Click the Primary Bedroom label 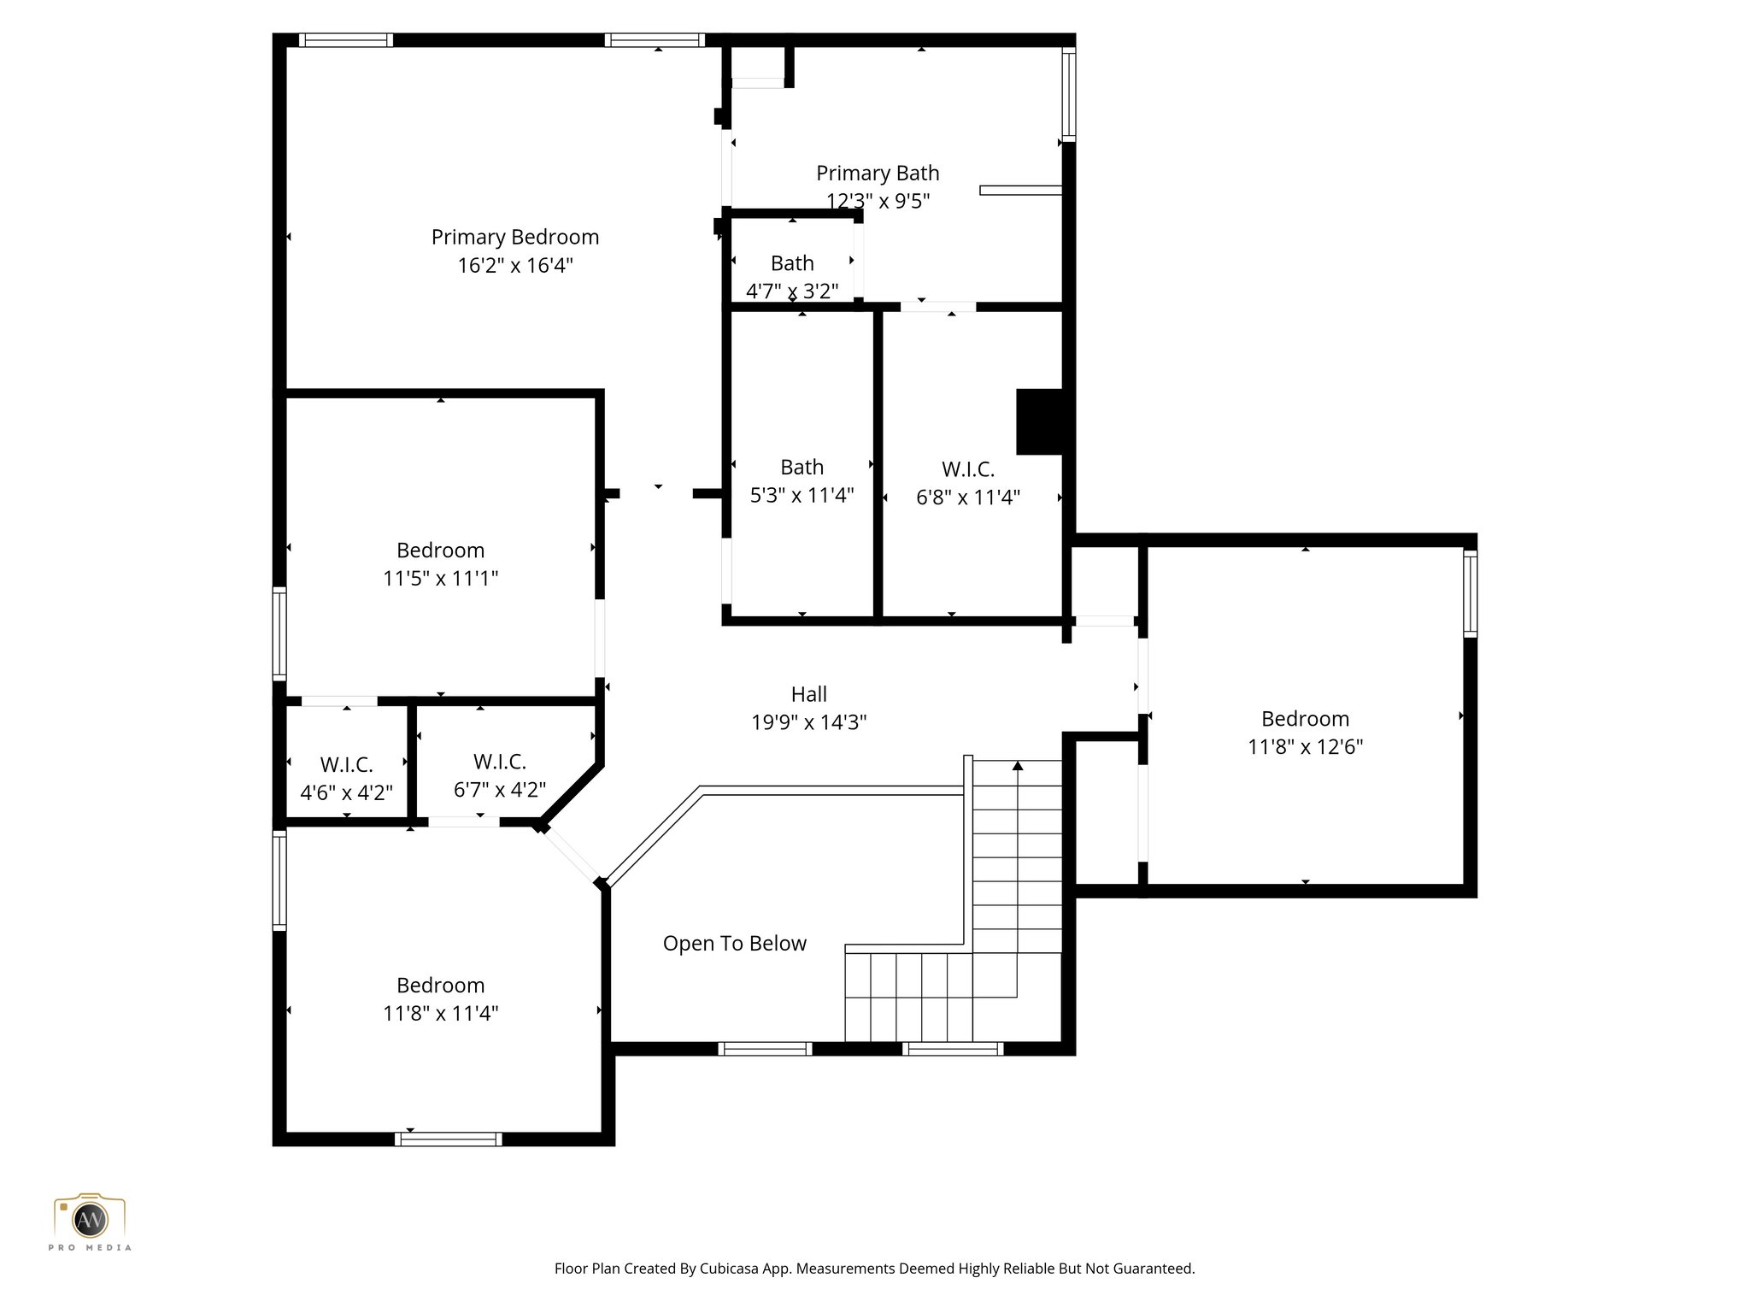point(514,237)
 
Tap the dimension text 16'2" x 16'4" point(514,265)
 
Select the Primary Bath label point(878,173)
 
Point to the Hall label point(808,694)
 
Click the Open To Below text point(734,943)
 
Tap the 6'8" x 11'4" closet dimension point(967,498)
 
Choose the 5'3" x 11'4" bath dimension point(802,495)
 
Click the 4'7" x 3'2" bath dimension point(791,291)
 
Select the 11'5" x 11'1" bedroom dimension point(440,578)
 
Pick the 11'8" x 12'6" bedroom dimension point(1305,746)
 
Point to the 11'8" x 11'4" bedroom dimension point(440,1013)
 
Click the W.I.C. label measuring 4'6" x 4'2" point(346,764)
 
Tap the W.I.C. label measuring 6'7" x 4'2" point(499,761)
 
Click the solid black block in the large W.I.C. point(1038,421)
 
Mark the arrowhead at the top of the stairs point(1017,765)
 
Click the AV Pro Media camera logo point(90,1220)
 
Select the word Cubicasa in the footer point(732,1269)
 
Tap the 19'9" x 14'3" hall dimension point(808,722)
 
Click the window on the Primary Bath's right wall point(1068,94)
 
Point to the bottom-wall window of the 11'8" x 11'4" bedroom point(449,1139)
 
